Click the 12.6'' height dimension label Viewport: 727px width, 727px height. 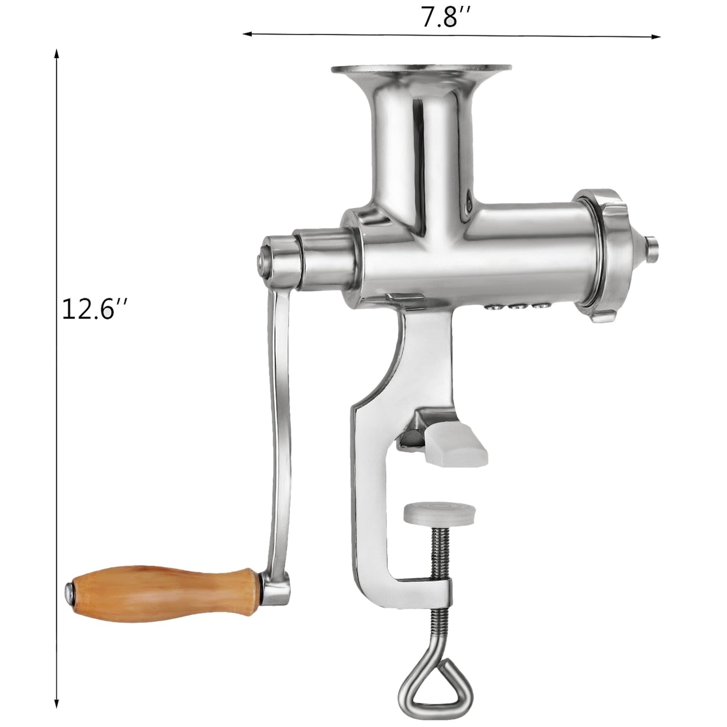click(x=93, y=308)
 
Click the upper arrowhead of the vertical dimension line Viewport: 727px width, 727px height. click(x=57, y=53)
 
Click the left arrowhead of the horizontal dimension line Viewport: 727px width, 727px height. click(x=247, y=34)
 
